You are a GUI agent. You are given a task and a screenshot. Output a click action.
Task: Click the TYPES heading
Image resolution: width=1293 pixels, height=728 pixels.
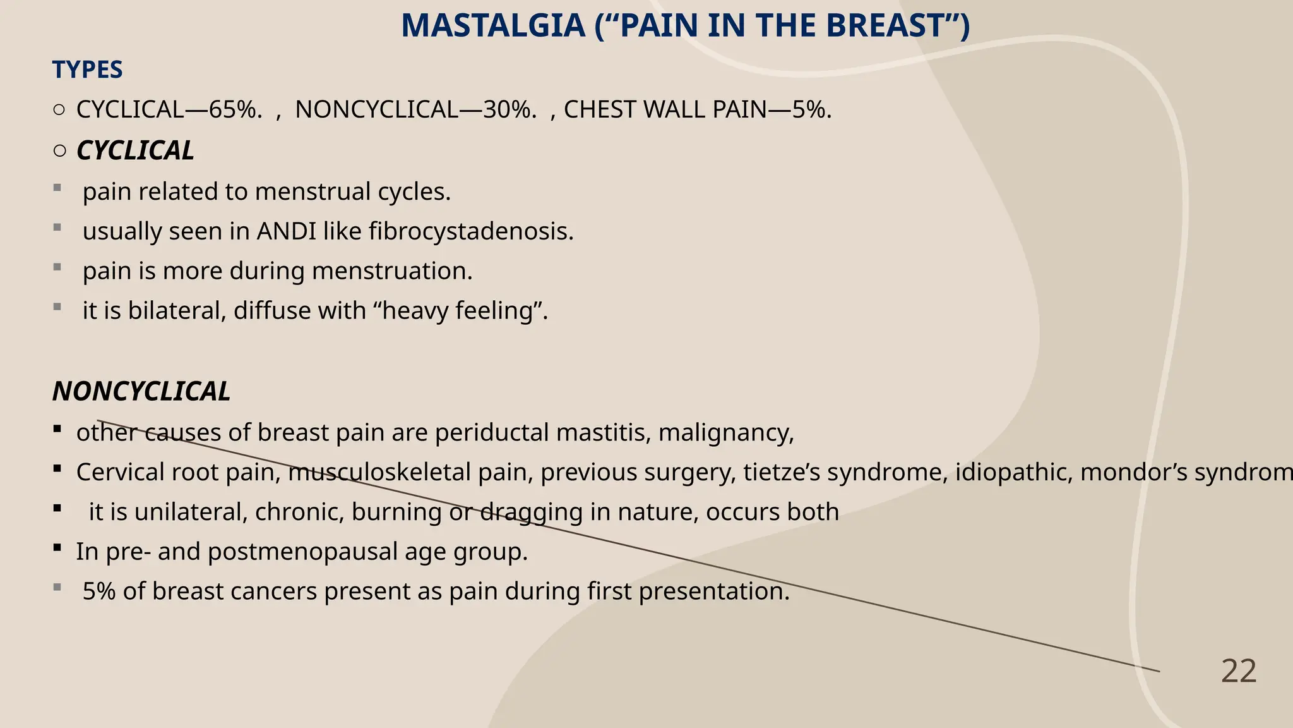click(87, 70)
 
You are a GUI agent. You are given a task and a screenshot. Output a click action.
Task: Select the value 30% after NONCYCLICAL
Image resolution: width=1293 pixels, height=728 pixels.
click(509, 110)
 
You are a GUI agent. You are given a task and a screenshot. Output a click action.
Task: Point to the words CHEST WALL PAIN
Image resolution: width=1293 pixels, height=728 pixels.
click(665, 110)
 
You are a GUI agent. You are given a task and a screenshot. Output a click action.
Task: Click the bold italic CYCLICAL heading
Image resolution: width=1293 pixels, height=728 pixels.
click(135, 151)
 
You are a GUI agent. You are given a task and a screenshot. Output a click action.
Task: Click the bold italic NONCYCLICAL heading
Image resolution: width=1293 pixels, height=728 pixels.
click(141, 392)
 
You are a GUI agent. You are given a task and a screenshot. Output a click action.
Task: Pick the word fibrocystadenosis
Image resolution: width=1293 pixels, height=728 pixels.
click(471, 231)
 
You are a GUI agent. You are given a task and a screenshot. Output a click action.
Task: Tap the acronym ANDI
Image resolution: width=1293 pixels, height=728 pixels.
click(286, 231)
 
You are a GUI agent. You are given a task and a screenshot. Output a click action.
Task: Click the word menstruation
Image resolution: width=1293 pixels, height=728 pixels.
click(392, 271)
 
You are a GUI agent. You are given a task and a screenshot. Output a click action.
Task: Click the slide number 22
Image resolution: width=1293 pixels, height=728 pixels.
click(1239, 671)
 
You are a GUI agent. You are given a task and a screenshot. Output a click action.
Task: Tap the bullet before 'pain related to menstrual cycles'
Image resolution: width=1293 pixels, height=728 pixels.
click(57, 188)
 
